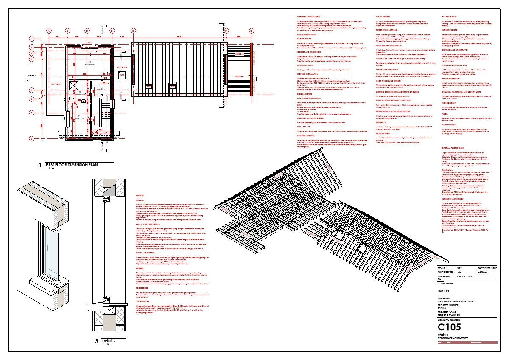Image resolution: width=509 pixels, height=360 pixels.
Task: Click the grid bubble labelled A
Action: [x=49, y=31]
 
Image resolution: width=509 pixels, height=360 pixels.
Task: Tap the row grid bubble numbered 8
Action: [x=31, y=138]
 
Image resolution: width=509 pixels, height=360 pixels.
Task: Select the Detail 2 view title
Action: [x=108, y=340]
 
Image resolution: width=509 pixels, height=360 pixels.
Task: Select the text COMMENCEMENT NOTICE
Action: [x=453, y=338]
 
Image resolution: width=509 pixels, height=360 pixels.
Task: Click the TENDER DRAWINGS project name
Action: [x=449, y=315]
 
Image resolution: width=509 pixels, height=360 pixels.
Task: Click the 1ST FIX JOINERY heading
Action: [x=384, y=16]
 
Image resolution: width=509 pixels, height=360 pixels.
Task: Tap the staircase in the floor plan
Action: [x=104, y=115]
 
